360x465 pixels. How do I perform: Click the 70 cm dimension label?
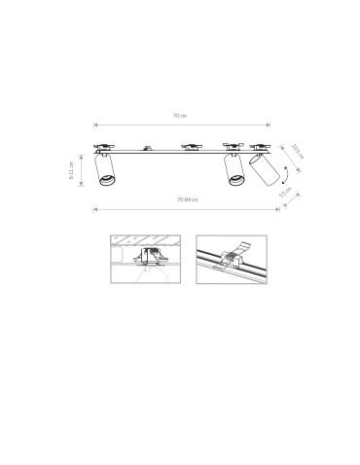(180, 116)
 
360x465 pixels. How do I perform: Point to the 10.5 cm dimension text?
(297, 152)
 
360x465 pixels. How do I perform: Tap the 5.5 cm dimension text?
(285, 193)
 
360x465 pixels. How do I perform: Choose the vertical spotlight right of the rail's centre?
(234, 169)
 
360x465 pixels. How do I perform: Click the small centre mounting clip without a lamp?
(146, 149)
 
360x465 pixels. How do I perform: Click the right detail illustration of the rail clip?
(231, 259)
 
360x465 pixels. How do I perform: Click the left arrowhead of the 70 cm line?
(95, 125)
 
